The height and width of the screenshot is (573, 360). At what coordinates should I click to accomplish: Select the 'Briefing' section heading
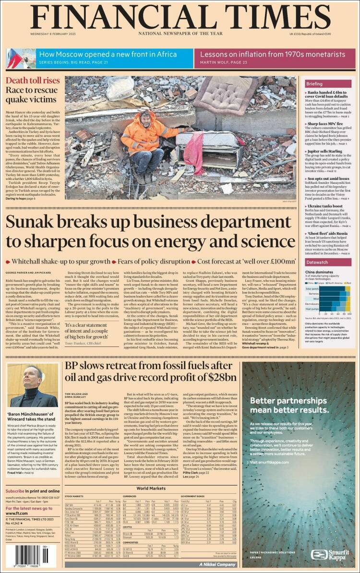point(314,84)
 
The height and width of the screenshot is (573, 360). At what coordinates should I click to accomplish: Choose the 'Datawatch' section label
point(317,263)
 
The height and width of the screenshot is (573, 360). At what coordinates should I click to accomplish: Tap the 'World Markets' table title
point(151,488)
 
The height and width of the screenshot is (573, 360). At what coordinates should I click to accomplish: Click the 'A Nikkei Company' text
point(215,564)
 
